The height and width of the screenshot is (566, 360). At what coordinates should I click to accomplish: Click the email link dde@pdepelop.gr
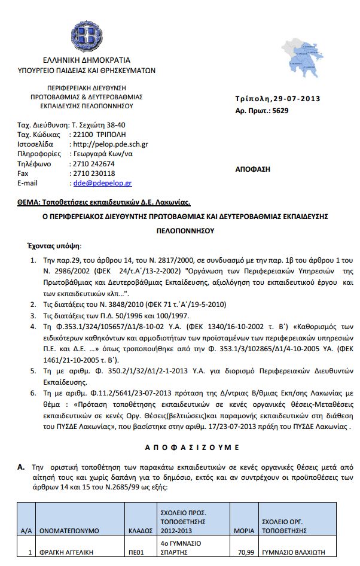[x=101, y=183]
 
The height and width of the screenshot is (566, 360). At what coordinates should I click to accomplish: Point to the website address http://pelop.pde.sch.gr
[x=109, y=144]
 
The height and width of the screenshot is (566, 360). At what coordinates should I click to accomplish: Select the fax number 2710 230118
[x=93, y=174]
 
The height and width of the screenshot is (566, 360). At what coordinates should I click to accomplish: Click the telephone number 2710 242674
[x=93, y=164]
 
